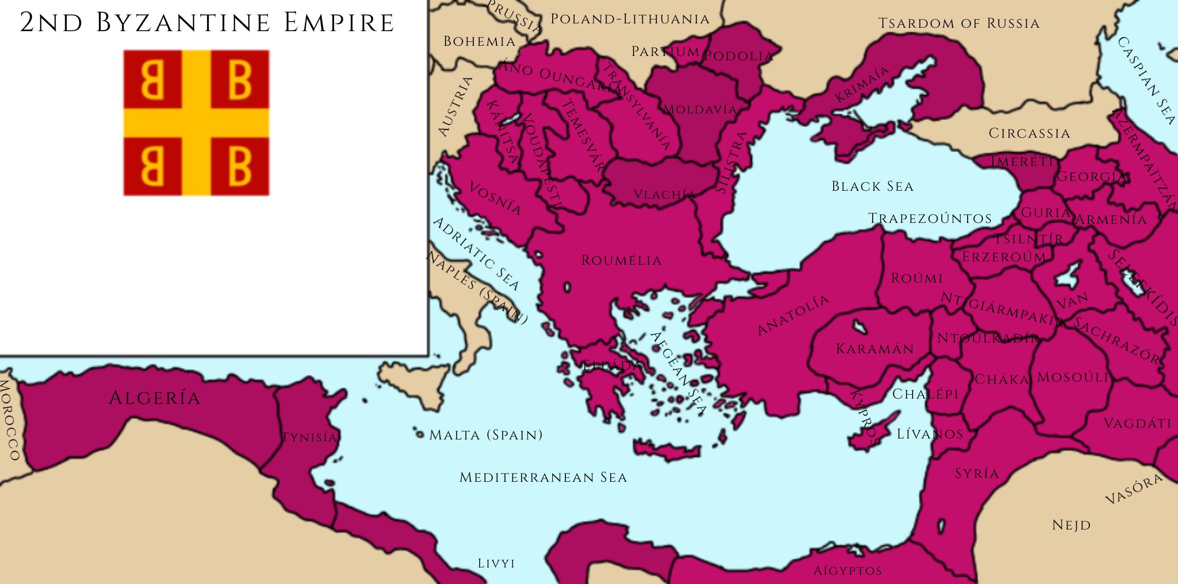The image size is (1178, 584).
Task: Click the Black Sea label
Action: [872, 186]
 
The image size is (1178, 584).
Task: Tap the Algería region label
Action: [154, 398]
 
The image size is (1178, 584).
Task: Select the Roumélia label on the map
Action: [621, 260]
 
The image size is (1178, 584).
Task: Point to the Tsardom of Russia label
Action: [959, 23]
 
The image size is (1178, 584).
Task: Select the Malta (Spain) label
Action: [486, 435]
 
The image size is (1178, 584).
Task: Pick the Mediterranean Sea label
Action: [543, 477]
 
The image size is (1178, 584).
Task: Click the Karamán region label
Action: [875, 348]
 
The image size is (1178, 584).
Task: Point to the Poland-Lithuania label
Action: [630, 19]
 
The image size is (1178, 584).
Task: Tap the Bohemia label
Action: [479, 41]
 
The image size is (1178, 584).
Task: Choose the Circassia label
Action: [1029, 133]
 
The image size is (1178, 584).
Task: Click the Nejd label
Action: [1071, 525]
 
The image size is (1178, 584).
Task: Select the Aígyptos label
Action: [847, 570]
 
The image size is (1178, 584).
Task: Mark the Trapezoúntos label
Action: [930, 219]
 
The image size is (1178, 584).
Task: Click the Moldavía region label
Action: [700, 109]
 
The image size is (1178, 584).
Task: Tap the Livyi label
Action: [496, 564]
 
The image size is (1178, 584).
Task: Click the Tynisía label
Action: [309, 438]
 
